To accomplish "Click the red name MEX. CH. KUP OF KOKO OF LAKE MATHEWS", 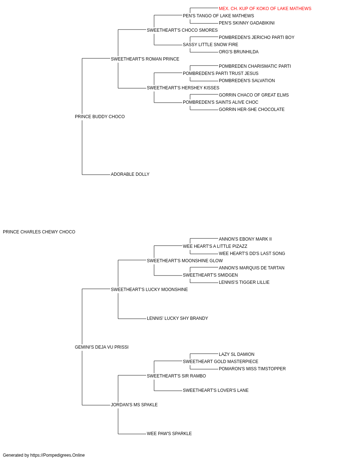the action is point(265,9).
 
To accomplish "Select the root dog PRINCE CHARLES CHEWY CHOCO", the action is point(39,232).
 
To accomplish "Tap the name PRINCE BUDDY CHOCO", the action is point(100,117).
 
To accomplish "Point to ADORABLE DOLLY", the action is point(130,174).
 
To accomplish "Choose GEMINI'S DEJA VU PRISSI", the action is point(102,347).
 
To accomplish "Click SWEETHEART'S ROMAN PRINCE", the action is point(145,59).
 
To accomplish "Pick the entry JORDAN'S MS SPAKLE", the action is point(134,405).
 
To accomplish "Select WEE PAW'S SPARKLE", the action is point(169,434).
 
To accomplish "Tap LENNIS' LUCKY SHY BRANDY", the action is point(177,318).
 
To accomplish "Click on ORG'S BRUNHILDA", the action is point(239,52).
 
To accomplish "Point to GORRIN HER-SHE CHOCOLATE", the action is point(252,109).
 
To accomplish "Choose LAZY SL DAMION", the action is point(237,354).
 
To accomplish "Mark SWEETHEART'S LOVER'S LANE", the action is point(216,390).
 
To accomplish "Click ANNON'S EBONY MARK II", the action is point(245,239).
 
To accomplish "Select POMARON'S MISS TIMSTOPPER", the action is point(252,369).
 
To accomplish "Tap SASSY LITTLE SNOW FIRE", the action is point(211,45).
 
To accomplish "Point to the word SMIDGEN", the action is point(228,275).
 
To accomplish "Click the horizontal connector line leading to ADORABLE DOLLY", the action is point(96,175).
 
